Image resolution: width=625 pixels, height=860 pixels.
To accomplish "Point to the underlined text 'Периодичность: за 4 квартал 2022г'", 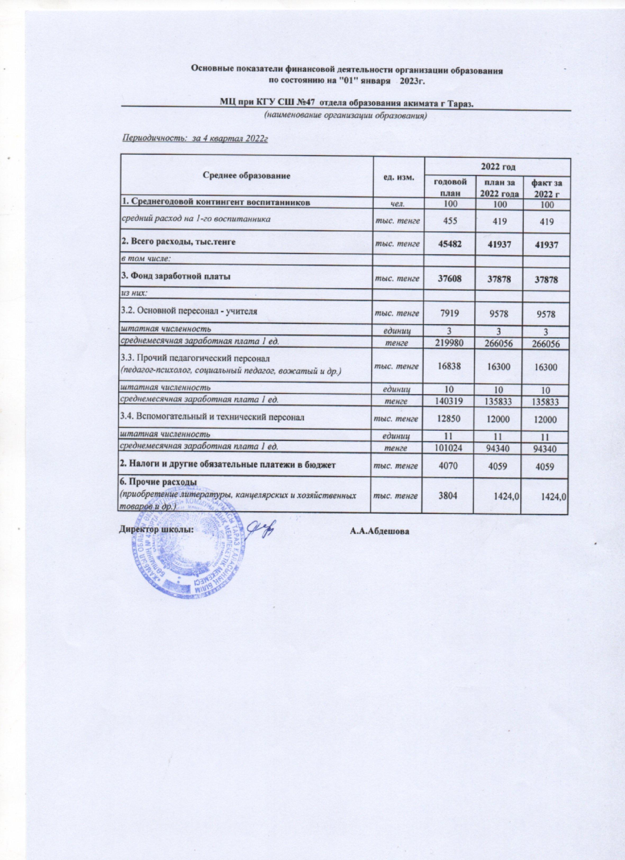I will (x=195, y=139).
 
